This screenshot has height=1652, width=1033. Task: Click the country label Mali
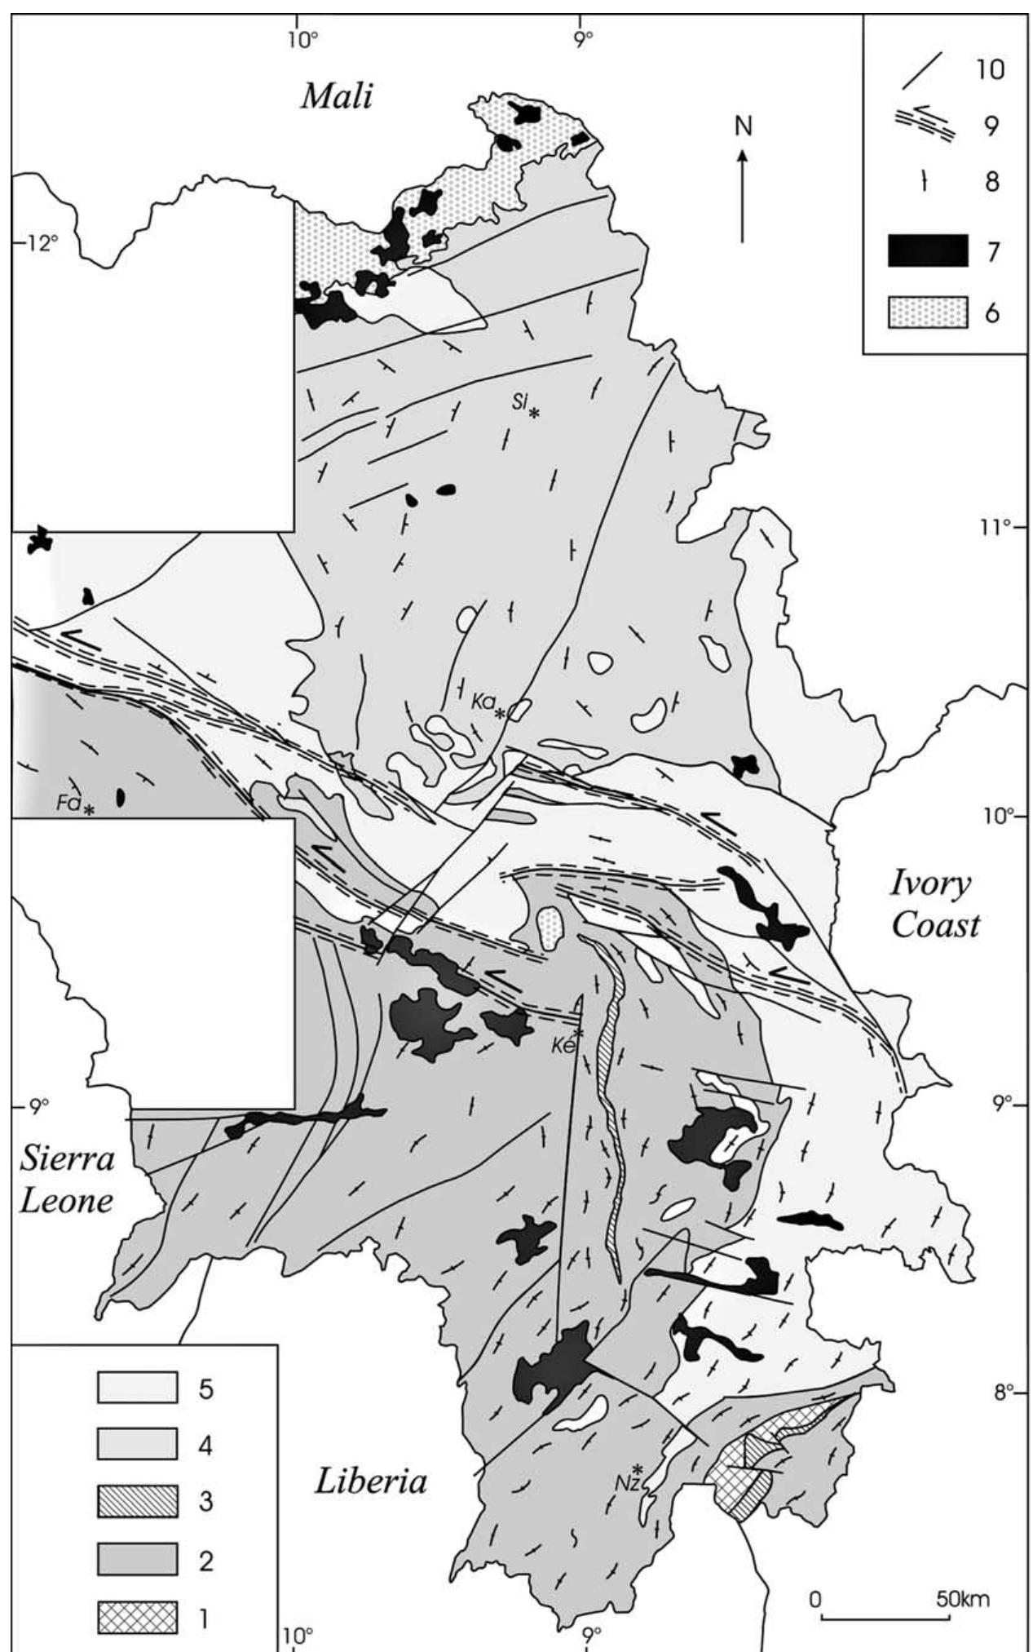[337, 96]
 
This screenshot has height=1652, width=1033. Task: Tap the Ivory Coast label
[934, 904]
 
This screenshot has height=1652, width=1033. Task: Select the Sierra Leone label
[67, 1180]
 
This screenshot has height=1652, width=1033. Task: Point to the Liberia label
[370, 1481]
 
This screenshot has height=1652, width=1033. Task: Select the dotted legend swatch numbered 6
[928, 312]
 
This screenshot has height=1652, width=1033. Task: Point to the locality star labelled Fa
[89, 810]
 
